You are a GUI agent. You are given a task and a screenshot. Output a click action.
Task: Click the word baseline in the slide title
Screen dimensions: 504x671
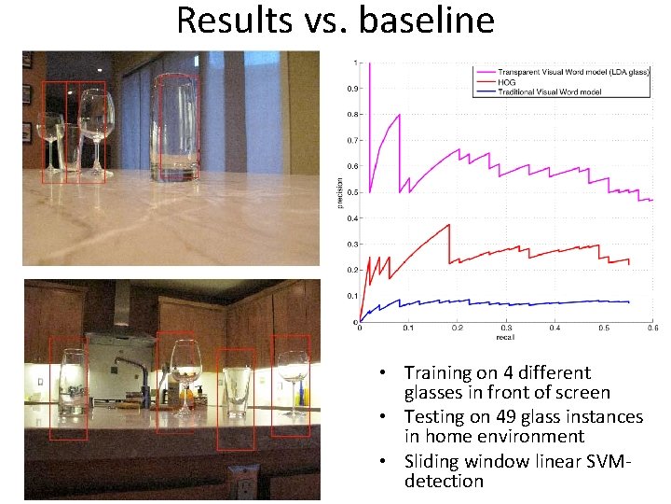(x=426, y=19)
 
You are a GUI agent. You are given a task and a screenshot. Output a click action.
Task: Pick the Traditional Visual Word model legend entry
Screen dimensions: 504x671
(x=549, y=91)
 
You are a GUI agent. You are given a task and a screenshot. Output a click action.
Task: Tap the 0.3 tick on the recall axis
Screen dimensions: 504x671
(x=506, y=329)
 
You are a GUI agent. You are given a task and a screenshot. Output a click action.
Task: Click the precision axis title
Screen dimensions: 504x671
(x=339, y=192)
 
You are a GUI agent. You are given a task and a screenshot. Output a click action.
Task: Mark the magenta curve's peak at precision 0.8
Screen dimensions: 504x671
(x=400, y=115)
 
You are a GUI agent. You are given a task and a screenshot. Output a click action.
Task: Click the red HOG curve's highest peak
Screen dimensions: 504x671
(x=449, y=225)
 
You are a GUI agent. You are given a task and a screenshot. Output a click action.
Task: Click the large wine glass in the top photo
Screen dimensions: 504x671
(x=96, y=126)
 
